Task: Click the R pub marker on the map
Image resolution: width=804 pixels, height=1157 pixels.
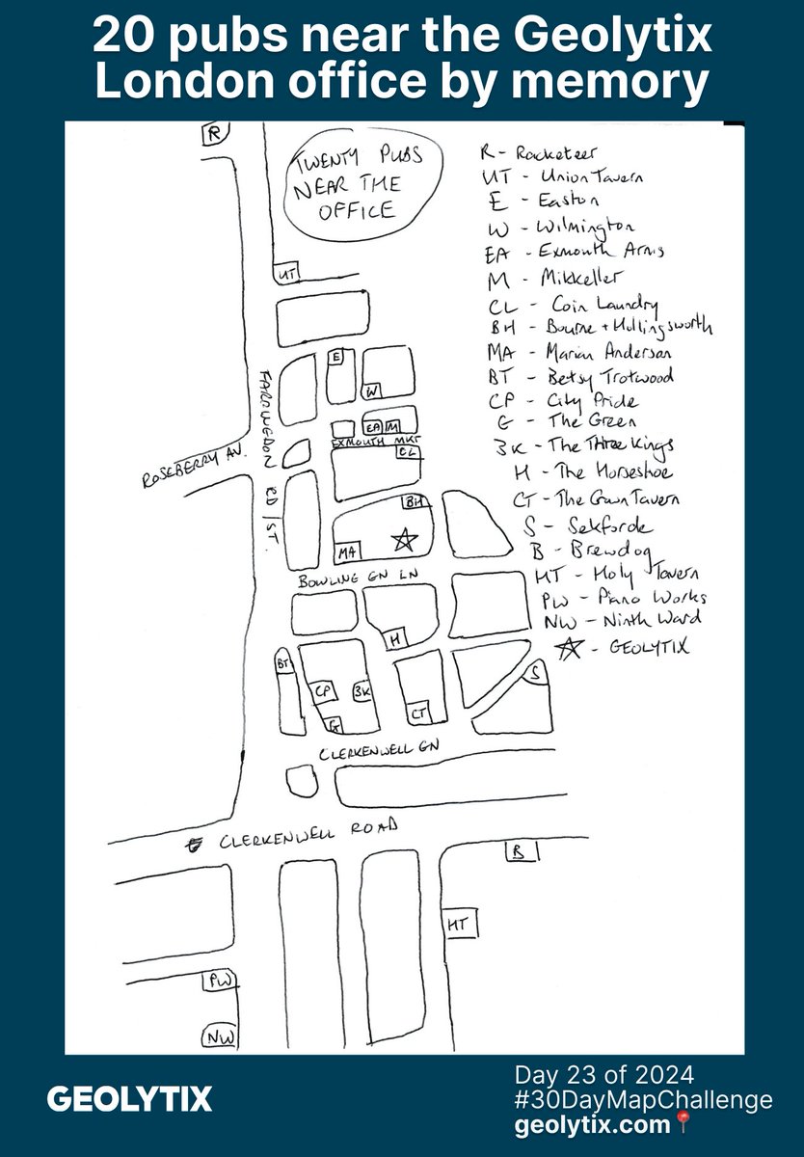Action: click(212, 135)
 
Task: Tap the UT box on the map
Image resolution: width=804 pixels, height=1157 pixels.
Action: click(286, 275)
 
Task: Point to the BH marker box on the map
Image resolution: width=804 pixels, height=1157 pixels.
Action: click(413, 503)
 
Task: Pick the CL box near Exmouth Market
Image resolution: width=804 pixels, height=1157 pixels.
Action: click(408, 451)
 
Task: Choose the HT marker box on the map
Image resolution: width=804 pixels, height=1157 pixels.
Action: click(457, 924)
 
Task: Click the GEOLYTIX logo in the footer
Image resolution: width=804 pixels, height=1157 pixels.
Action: click(130, 1099)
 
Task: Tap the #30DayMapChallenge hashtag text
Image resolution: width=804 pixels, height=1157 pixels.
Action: click(644, 1099)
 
